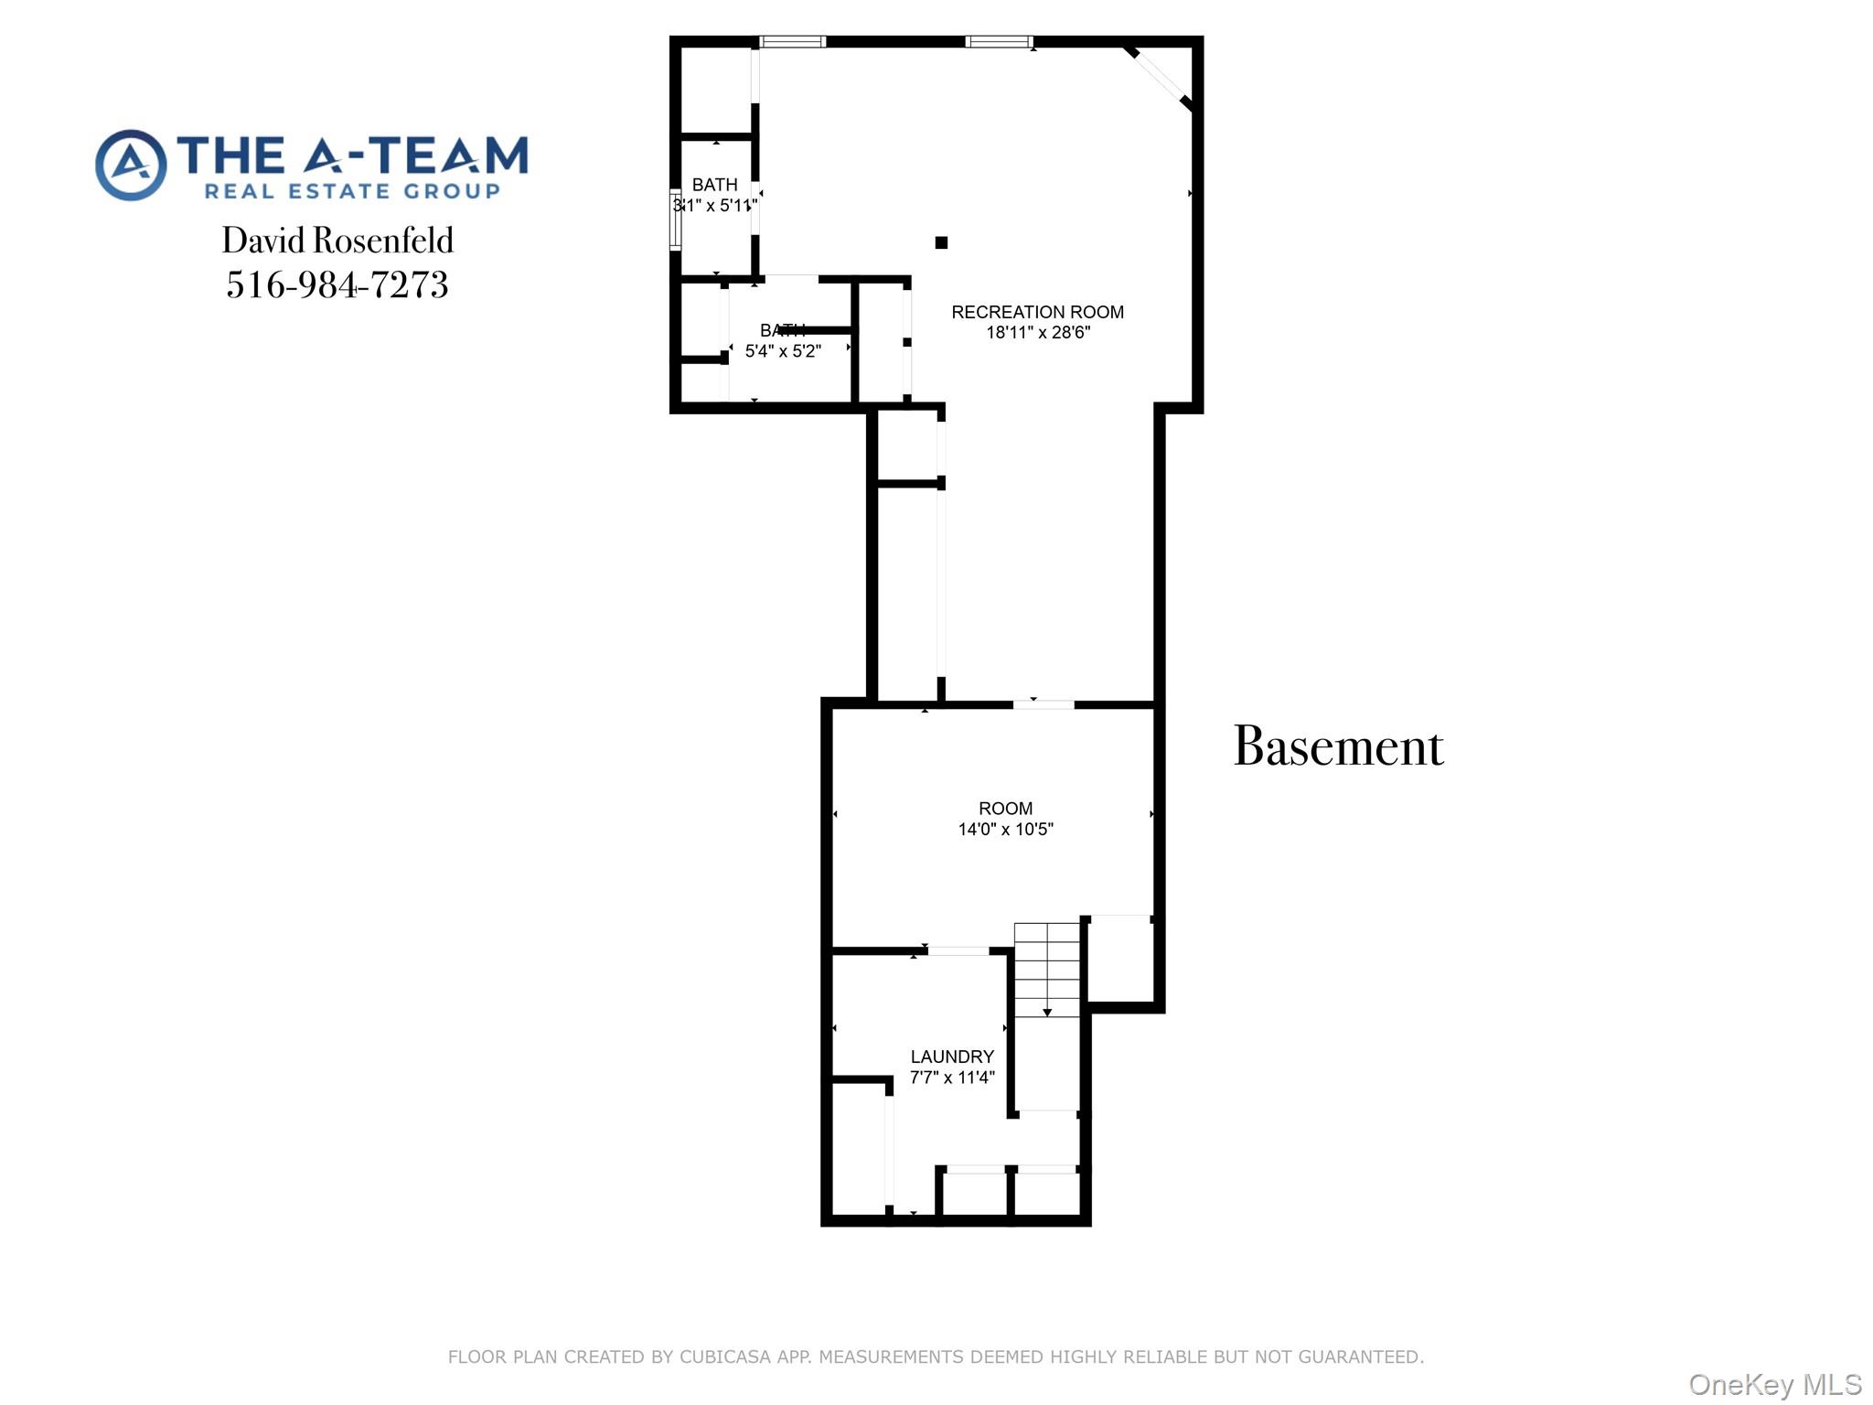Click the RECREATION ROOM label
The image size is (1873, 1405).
[1037, 312]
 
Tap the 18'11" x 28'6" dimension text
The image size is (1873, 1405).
[1037, 333]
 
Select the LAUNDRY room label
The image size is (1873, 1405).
[951, 1056]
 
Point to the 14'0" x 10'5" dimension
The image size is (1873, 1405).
[1005, 830]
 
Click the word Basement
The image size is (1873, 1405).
[1338, 747]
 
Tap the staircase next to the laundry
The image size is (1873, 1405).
[1047, 970]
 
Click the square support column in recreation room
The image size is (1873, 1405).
[941, 242]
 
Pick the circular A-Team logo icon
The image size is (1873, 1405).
[132, 165]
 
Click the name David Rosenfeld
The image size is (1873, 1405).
[337, 241]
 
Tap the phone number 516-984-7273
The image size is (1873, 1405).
[337, 284]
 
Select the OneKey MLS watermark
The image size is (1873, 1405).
[1774, 1385]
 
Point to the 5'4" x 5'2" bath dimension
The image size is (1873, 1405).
[783, 351]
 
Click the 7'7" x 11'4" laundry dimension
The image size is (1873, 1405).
[951, 1078]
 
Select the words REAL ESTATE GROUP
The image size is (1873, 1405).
[352, 191]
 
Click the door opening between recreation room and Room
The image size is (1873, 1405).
[1043, 704]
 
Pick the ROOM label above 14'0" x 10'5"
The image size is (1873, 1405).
[1005, 809]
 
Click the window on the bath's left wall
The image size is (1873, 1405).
[676, 220]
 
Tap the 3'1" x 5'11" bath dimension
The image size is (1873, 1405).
[715, 206]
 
